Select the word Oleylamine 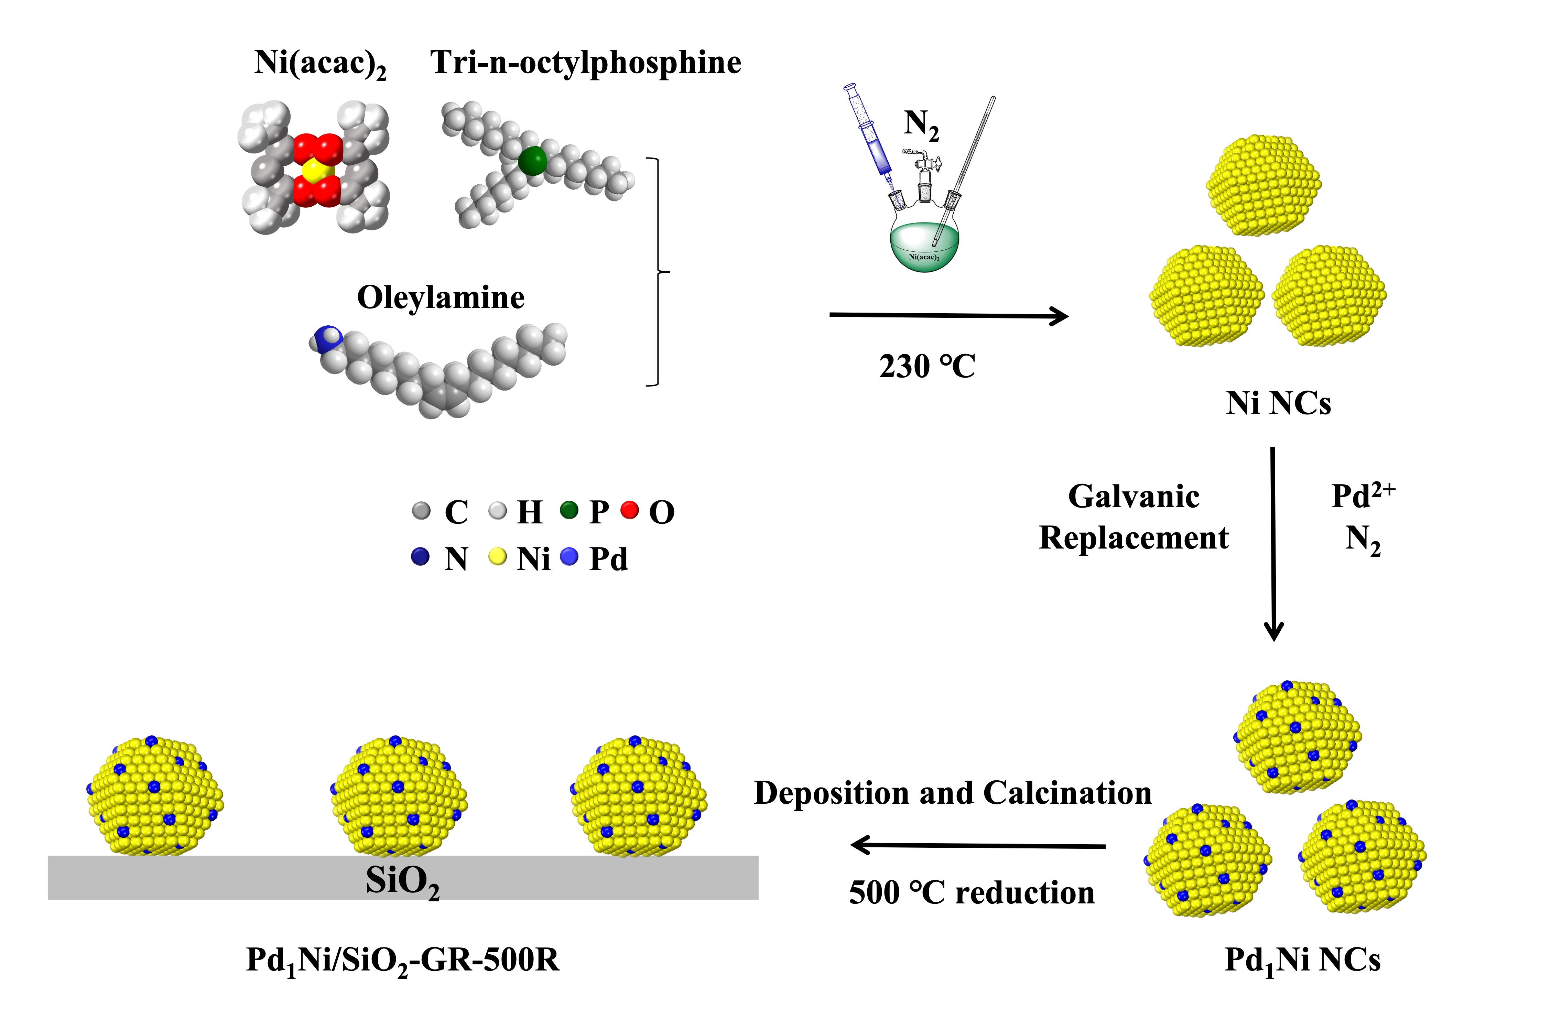click(x=441, y=298)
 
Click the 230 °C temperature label click(x=927, y=366)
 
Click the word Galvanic click(x=1133, y=497)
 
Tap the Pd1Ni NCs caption click(x=1302, y=960)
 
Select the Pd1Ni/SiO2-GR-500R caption click(x=402, y=960)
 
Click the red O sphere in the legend click(x=630, y=510)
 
